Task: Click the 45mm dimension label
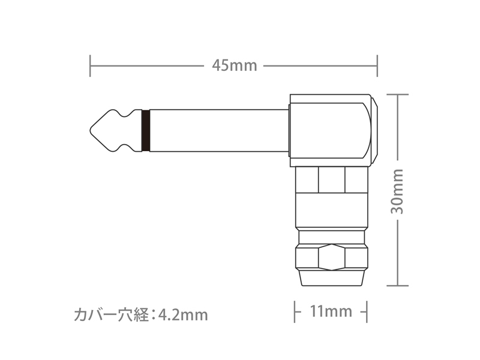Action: (235, 65)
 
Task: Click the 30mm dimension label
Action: (397, 191)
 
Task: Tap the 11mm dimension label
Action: (331, 311)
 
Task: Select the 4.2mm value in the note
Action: (183, 314)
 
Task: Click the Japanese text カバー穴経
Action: (111, 314)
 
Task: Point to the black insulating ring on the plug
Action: (146, 130)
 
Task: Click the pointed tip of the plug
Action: (91, 130)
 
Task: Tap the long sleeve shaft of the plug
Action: (219, 130)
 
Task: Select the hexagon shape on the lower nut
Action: (332, 257)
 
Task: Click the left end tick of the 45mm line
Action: (90, 66)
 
